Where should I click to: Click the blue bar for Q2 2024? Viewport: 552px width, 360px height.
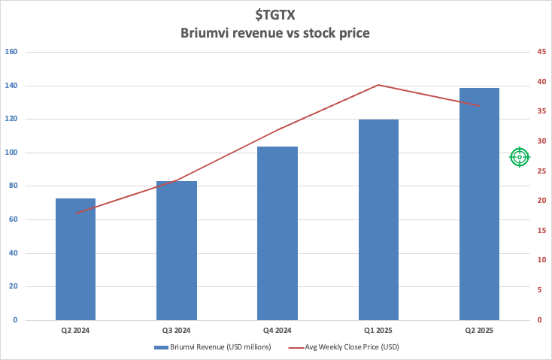click(x=75, y=259)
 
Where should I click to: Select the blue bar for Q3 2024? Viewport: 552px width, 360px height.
click(x=176, y=250)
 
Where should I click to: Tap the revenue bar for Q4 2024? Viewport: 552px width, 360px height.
click(x=277, y=233)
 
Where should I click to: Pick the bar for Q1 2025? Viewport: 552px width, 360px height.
click(x=378, y=219)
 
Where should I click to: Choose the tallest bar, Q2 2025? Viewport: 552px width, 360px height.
click(x=479, y=204)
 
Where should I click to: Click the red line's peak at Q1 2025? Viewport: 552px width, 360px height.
click(x=378, y=85)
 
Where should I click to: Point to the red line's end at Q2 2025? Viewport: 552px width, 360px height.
click(x=479, y=105)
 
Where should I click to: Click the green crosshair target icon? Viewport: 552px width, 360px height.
click(x=520, y=156)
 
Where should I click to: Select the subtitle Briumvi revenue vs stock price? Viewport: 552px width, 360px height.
click(x=275, y=33)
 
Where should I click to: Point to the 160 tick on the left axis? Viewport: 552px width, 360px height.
click(x=11, y=53)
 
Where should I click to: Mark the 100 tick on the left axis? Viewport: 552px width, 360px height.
click(x=11, y=153)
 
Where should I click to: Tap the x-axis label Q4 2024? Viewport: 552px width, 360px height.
click(x=277, y=330)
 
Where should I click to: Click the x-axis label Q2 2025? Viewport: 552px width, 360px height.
click(x=479, y=330)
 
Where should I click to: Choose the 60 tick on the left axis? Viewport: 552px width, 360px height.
click(x=13, y=219)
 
